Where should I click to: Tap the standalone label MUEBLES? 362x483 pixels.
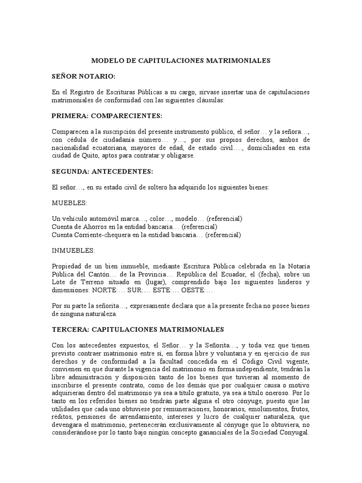[70, 203]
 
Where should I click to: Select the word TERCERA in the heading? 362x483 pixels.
[68, 330]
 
